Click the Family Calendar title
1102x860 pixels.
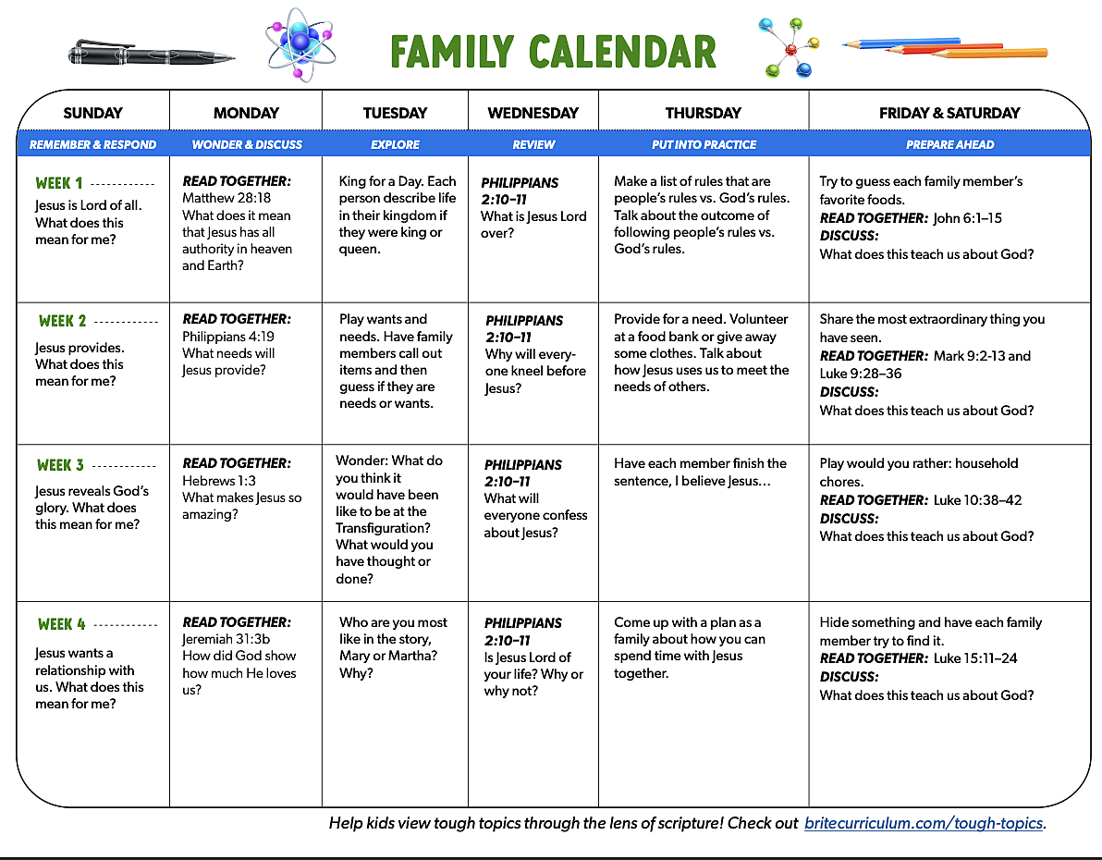[x=553, y=51]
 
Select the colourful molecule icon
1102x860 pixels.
[x=790, y=47]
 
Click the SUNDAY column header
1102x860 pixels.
[x=92, y=113]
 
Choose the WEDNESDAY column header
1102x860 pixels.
[x=533, y=113]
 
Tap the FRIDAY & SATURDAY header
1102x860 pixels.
[x=949, y=113]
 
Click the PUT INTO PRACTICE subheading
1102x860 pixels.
[x=704, y=144]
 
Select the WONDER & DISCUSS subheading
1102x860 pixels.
[x=247, y=144]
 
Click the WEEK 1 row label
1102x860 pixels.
[x=60, y=183]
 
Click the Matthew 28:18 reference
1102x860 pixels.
[x=227, y=198]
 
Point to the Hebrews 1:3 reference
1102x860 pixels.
[x=219, y=480]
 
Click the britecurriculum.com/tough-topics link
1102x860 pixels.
[x=924, y=823]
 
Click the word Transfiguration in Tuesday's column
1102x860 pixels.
[x=383, y=528]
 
